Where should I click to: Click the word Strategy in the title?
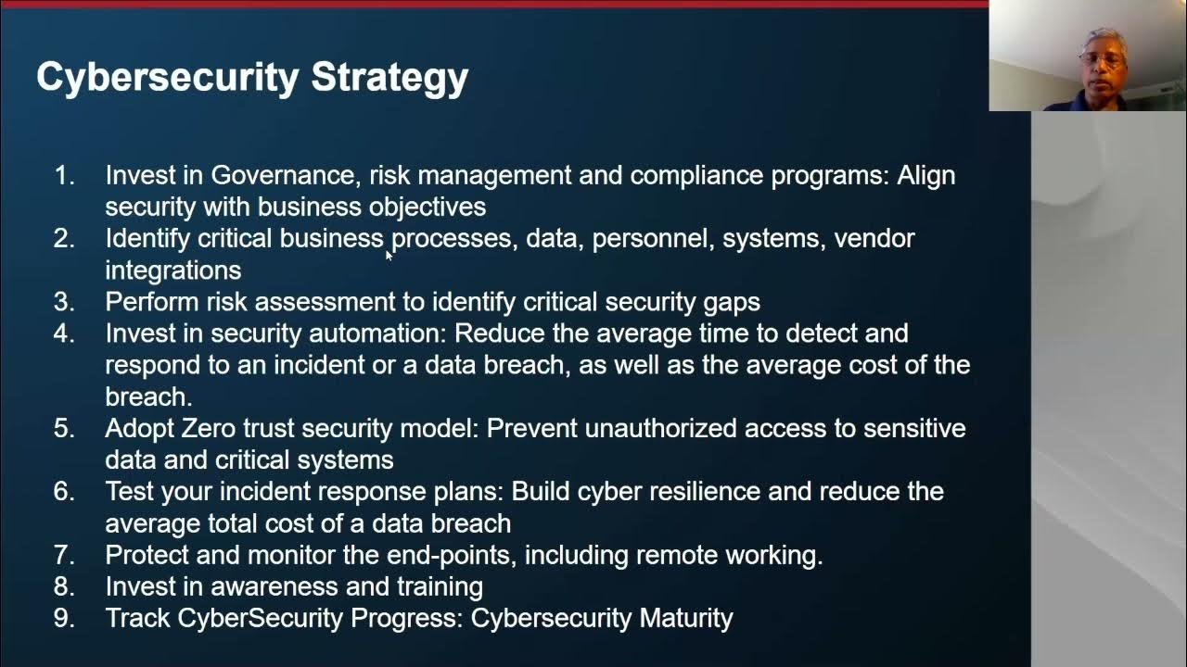pos(389,78)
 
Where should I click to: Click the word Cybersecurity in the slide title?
pos(168,78)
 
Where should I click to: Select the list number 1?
pos(64,175)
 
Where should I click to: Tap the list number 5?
pos(64,428)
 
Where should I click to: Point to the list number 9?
pos(64,618)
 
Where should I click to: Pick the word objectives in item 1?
pos(428,208)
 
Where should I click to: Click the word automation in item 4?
pos(377,333)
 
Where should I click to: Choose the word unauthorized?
pos(661,428)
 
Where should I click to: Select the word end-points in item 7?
pos(452,555)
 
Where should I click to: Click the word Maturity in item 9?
pos(686,618)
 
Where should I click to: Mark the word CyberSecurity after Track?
pos(261,618)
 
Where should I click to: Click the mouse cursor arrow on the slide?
pos(389,256)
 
